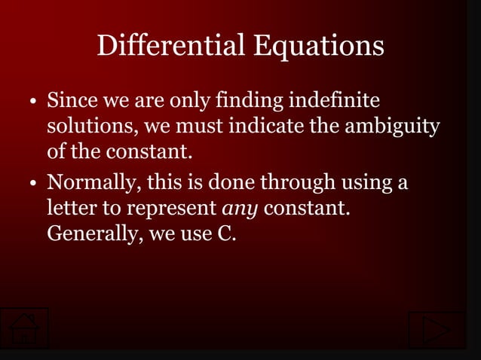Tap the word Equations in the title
(318, 47)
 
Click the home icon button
(24, 328)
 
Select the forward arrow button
(437, 330)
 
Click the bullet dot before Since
(35, 102)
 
